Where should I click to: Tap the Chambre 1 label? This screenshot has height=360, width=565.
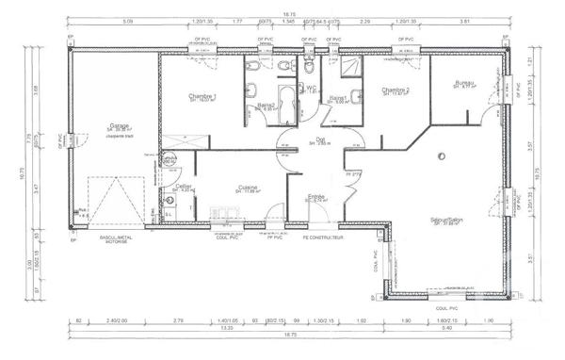(202, 97)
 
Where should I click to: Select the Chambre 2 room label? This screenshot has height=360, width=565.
(395, 90)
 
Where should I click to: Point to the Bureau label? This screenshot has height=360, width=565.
(463, 83)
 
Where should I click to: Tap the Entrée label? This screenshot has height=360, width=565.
(316, 196)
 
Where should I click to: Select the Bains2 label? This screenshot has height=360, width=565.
(266, 105)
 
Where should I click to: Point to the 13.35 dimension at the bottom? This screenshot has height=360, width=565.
(229, 329)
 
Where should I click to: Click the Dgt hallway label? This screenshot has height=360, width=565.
(320, 139)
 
